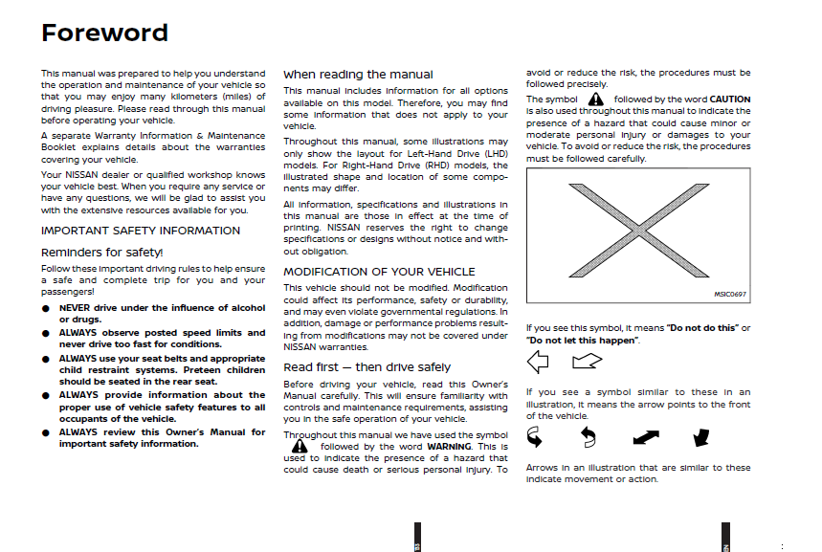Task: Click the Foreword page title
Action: [x=104, y=33]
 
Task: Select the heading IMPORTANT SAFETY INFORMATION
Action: [x=141, y=231]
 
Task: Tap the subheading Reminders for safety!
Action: [x=102, y=252]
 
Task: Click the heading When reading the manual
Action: [x=358, y=74]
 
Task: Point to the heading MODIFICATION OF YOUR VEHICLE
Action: [x=379, y=272]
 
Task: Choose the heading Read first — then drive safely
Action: [x=367, y=367]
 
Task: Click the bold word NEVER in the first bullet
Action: [x=75, y=308]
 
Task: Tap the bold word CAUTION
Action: [x=730, y=99]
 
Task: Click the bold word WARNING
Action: [x=449, y=447]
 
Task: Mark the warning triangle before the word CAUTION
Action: [x=595, y=99]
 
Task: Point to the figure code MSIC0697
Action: [x=729, y=296]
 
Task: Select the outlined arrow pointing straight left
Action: [x=539, y=362]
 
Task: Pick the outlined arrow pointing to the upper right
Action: [x=587, y=361]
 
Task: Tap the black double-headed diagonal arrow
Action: [x=646, y=437]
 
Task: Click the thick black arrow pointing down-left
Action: [x=700, y=437]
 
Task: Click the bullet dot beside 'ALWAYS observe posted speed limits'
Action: [x=45, y=334]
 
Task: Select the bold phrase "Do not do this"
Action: [x=702, y=328]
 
